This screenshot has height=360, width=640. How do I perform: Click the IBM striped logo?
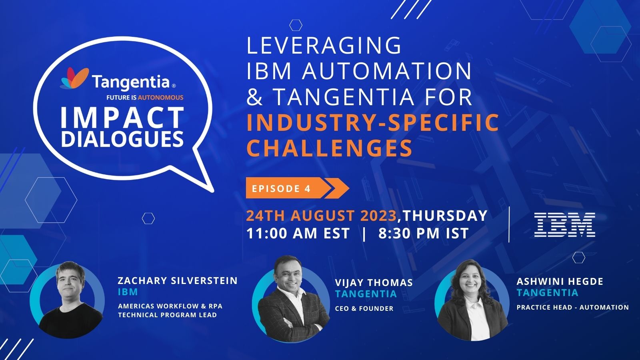tap(564, 225)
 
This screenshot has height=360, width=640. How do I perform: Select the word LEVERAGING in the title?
tap(324, 45)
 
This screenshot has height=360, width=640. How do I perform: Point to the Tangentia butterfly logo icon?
tap(74, 78)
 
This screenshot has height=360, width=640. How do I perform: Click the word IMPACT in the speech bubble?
tap(122, 118)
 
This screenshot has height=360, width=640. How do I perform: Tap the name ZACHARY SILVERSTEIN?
tap(178, 280)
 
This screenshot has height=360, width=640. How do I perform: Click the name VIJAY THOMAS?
tap(374, 282)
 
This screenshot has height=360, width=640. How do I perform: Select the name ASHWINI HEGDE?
tap(560, 281)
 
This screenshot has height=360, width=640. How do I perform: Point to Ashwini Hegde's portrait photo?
tap(472, 300)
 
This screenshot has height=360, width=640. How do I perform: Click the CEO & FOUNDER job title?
tap(364, 308)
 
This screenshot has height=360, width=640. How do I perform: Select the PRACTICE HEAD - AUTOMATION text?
tap(572, 307)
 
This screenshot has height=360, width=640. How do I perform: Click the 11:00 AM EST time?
tap(298, 233)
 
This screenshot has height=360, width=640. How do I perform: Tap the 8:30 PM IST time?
tap(423, 233)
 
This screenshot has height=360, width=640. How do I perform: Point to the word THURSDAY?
tap(445, 216)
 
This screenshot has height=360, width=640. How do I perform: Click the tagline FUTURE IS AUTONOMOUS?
tap(145, 97)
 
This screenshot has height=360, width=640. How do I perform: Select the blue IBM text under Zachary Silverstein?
tap(128, 292)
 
